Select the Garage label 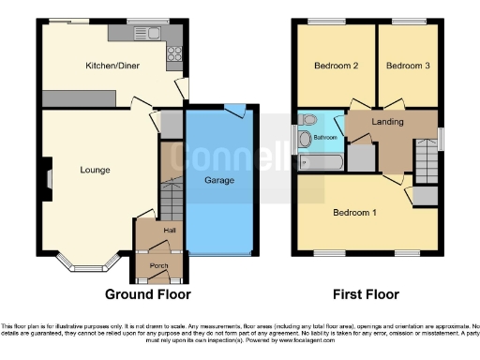(219, 180)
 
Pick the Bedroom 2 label (336, 66)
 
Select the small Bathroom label (325, 138)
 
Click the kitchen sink (151, 33)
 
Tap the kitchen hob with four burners (173, 53)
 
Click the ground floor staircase (171, 198)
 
